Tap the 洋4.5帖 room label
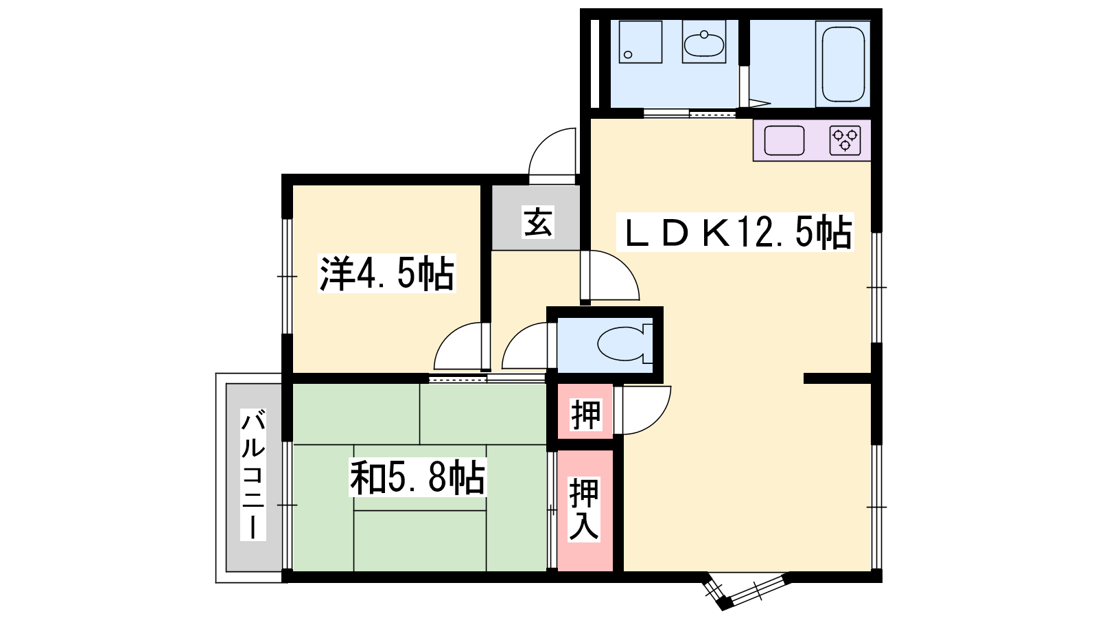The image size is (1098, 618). [387, 273]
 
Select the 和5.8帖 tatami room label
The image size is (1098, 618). [418, 477]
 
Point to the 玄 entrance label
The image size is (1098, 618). [538, 222]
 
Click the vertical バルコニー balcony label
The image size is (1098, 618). [253, 474]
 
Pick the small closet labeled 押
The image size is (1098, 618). [585, 415]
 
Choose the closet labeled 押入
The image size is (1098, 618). [584, 510]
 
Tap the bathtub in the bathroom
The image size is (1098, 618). [843, 64]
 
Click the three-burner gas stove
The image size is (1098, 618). [845, 140]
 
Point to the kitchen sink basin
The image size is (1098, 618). [784, 140]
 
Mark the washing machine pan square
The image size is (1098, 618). [640, 42]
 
